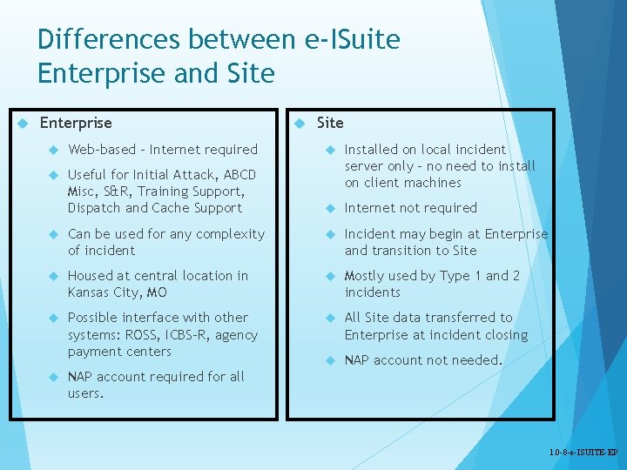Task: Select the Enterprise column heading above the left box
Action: (x=76, y=123)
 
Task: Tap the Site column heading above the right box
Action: (x=330, y=123)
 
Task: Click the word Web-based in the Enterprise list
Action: (x=101, y=150)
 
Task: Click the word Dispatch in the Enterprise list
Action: (x=94, y=208)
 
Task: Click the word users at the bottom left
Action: (x=84, y=393)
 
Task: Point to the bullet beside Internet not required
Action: (x=332, y=208)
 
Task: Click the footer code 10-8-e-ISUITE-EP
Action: (x=583, y=453)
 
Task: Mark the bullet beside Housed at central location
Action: (x=54, y=276)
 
